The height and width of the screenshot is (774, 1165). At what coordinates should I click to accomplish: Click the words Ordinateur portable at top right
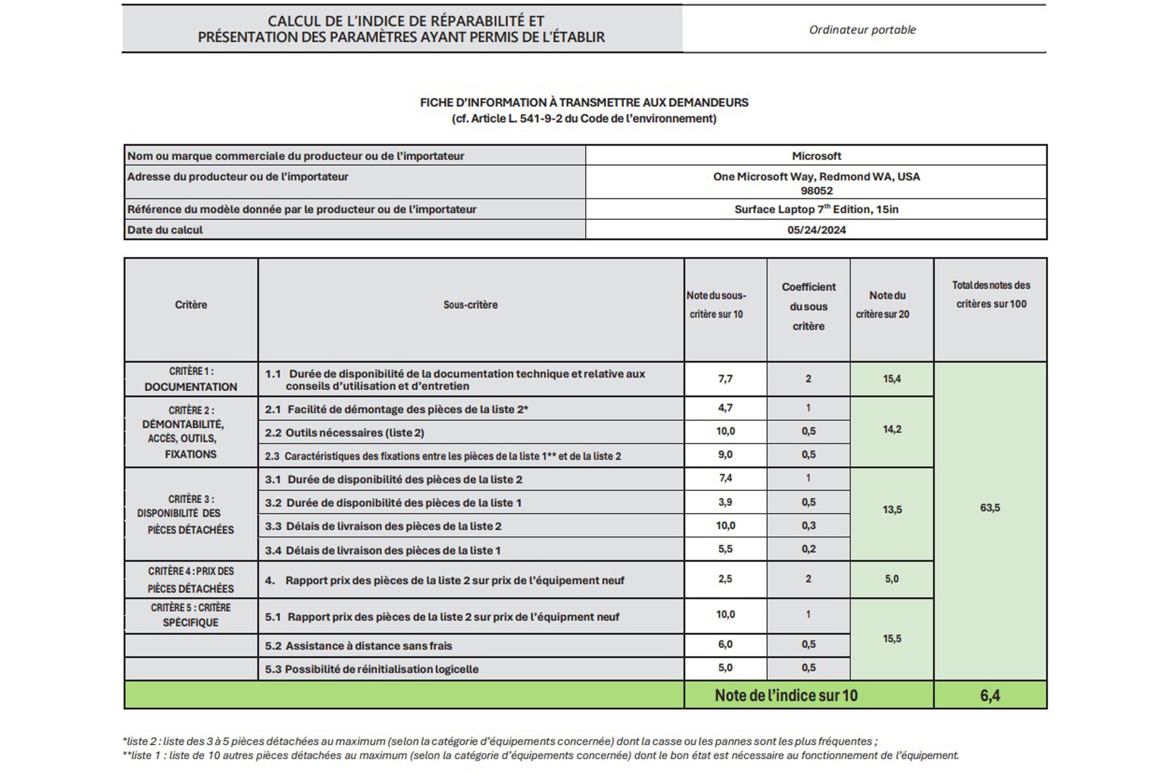point(862,30)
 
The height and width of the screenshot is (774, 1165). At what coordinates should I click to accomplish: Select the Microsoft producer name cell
point(816,156)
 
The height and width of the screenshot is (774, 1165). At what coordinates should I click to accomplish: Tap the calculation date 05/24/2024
point(816,230)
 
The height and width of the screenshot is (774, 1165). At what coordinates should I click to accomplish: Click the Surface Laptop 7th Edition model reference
point(816,209)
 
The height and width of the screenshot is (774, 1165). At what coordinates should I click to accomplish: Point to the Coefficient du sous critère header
point(809,307)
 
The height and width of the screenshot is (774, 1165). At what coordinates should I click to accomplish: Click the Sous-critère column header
point(471,305)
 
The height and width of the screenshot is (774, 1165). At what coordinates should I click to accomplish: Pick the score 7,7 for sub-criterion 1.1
point(725,379)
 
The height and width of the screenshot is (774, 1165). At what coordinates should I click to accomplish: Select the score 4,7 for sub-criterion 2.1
point(725,408)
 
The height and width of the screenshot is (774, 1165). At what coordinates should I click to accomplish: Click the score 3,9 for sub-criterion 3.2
point(725,502)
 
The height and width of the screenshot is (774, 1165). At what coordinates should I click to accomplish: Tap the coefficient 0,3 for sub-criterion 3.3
point(809,526)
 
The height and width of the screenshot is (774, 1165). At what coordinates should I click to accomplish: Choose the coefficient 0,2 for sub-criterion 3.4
point(809,549)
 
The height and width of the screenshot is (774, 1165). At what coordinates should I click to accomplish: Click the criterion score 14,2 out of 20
point(892,429)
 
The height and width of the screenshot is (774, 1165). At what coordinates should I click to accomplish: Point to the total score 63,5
point(990,508)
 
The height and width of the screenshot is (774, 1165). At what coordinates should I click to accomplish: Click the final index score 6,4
point(990,696)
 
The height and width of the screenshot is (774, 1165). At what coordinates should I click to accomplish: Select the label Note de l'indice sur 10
point(786,696)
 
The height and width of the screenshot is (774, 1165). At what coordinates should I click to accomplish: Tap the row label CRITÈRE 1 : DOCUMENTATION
point(191,379)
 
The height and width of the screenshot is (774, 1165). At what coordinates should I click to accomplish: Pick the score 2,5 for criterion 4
point(725,579)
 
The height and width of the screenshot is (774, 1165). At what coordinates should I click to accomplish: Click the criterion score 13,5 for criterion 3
point(892,510)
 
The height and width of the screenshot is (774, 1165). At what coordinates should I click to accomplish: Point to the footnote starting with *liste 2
point(499,741)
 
